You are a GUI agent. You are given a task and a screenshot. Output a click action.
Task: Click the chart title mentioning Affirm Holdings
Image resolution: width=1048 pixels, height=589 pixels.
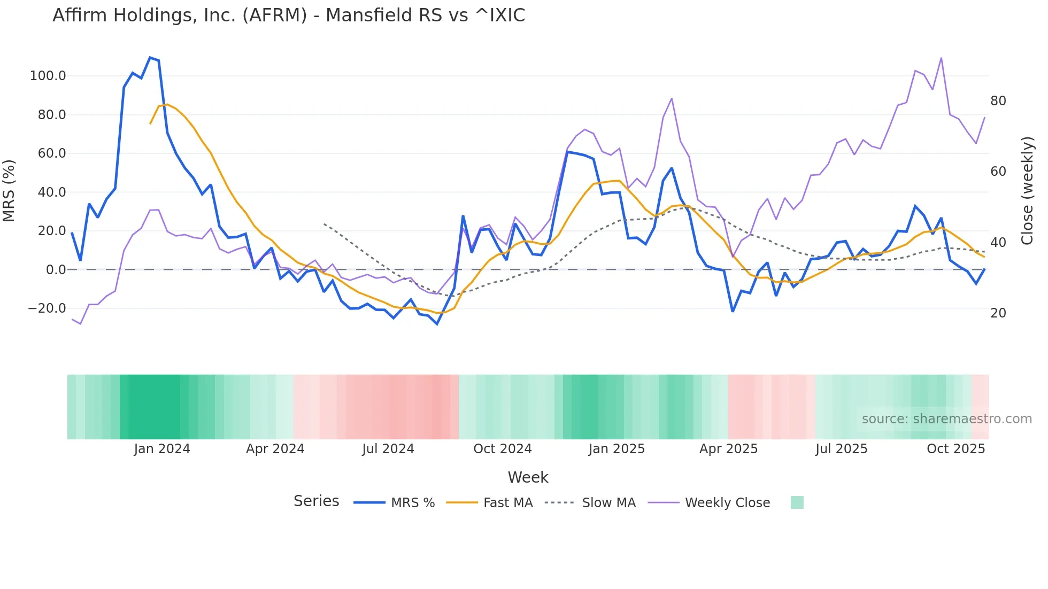pyautogui.click(x=289, y=15)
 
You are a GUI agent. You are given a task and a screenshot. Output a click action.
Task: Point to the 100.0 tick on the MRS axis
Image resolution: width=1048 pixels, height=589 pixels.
pyautogui.click(x=48, y=76)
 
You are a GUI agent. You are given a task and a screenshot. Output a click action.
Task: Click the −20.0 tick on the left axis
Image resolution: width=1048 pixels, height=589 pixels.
pyautogui.click(x=47, y=308)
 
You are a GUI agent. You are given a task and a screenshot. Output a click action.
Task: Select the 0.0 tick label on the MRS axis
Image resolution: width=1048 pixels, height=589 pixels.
pyautogui.click(x=56, y=270)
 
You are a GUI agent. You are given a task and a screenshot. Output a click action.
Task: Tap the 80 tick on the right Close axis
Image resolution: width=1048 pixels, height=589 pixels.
pyautogui.click(x=998, y=101)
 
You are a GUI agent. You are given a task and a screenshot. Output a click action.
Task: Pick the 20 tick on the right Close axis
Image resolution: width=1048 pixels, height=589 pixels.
pyautogui.click(x=998, y=313)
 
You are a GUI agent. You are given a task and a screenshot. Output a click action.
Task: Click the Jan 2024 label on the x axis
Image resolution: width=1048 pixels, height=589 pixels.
pyautogui.click(x=162, y=449)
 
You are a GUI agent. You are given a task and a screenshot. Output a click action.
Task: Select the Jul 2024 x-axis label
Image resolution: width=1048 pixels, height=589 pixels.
pyautogui.click(x=388, y=449)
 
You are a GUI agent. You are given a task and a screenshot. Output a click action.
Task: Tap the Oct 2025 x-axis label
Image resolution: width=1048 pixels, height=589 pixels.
pyautogui.click(x=955, y=449)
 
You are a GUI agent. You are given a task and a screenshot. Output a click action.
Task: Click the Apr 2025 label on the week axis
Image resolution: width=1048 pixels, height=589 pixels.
pyautogui.click(x=728, y=449)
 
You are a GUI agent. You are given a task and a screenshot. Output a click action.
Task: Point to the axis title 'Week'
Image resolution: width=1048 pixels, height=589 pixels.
pyautogui.click(x=528, y=477)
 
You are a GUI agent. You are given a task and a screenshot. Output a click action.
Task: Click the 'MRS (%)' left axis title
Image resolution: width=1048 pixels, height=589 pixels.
pyautogui.click(x=9, y=191)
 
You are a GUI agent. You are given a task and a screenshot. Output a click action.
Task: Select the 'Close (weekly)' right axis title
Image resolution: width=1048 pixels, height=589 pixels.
pyautogui.click(x=1027, y=191)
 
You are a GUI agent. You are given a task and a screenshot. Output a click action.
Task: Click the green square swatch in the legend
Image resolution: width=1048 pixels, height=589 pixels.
pyautogui.click(x=797, y=502)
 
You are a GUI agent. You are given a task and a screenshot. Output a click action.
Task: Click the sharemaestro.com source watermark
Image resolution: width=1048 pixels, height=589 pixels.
pyautogui.click(x=946, y=419)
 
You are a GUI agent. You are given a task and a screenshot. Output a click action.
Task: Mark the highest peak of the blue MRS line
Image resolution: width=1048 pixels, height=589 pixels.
pyautogui.click(x=150, y=57)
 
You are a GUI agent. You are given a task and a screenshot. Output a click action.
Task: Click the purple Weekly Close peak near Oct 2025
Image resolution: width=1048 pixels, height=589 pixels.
pyautogui.click(x=941, y=58)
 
